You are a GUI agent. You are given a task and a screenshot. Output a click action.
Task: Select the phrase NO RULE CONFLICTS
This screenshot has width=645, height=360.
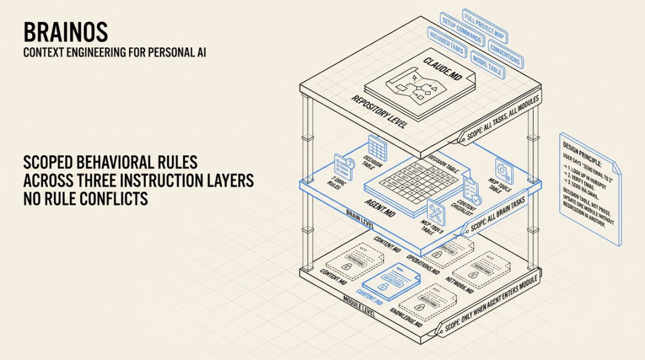click(85, 198)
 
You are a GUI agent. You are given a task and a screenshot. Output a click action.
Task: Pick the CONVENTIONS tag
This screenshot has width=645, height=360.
click(505, 52)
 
